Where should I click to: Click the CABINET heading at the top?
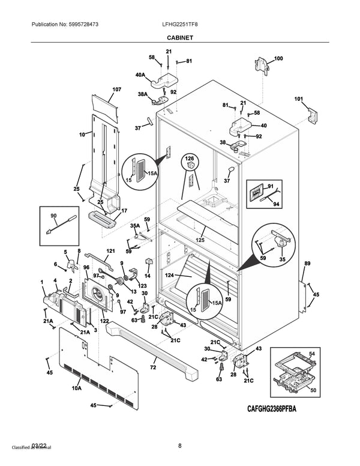[179, 37]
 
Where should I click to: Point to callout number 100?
[278, 59]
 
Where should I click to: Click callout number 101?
[298, 99]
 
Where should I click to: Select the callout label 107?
[116, 89]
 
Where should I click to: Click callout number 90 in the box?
[53, 215]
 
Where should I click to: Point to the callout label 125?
[200, 240]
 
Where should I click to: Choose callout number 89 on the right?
[307, 264]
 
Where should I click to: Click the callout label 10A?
[77, 389]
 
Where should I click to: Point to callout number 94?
[277, 204]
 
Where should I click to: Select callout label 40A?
[140, 75]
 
